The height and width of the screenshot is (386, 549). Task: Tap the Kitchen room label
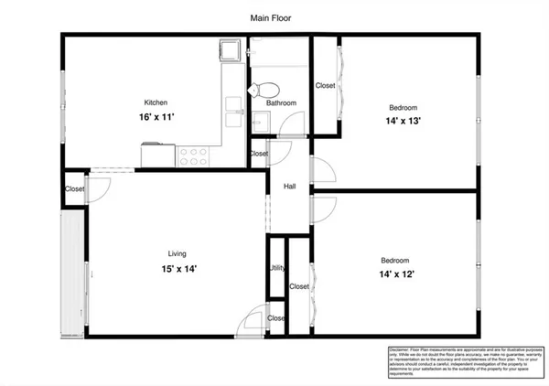(156, 102)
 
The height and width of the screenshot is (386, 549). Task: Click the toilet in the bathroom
(265, 90)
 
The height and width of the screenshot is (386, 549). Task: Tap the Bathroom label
(281, 103)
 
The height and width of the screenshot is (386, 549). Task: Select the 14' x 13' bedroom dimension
(404, 120)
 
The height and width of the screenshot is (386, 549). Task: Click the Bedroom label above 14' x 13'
(404, 106)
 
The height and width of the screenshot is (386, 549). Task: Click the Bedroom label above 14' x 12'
(395, 260)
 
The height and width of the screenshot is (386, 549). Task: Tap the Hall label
(289, 187)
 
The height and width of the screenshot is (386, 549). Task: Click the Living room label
(177, 253)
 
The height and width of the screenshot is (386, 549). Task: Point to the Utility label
(276, 268)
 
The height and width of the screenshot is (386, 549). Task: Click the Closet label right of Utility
(299, 286)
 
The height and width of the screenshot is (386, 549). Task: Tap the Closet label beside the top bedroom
(325, 86)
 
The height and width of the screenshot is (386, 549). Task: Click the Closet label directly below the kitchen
(75, 189)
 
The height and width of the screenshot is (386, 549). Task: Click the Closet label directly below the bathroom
(259, 154)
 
